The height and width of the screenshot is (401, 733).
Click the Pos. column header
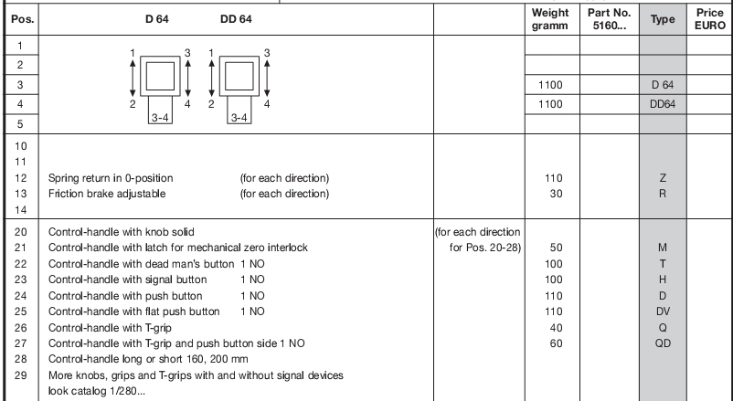tap(22, 19)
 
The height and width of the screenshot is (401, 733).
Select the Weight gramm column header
tap(550, 19)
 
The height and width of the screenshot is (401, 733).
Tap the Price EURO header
tap(709, 19)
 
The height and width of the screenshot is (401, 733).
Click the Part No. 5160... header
tap(609, 19)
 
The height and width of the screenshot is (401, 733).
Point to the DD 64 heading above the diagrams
tap(236, 19)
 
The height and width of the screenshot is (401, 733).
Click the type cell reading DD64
tap(663, 104)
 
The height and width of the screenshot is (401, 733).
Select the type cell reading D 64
tap(663, 85)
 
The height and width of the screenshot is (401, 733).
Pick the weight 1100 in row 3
tap(550, 85)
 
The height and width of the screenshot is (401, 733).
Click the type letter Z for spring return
tap(663, 178)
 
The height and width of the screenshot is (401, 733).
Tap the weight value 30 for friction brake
tap(556, 194)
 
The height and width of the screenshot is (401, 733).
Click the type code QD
tap(663, 343)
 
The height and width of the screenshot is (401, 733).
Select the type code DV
tap(663, 311)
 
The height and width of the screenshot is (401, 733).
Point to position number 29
tap(21, 375)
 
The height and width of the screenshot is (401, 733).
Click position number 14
tap(21, 210)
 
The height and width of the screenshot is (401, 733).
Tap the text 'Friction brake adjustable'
tap(107, 194)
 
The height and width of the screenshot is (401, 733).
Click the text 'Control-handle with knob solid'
tap(121, 232)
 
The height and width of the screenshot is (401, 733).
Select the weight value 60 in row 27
tap(556, 343)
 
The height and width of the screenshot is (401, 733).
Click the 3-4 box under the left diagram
tap(160, 111)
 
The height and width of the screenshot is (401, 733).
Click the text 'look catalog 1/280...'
tap(96, 391)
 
